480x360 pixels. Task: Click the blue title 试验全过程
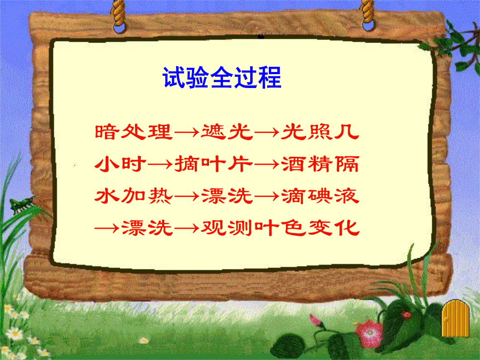[222, 77]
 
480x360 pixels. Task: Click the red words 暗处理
[133, 132]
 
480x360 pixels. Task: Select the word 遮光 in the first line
[227, 132]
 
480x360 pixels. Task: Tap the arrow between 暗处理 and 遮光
[187, 133]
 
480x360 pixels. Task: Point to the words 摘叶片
[214, 164]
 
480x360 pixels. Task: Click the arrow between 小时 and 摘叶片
[161, 165]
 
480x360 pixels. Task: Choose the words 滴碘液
[320, 196]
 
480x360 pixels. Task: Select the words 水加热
[133, 196]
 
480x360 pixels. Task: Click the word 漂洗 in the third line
[227, 196]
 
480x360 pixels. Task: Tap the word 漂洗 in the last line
[147, 228]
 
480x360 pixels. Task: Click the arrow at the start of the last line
[107, 228]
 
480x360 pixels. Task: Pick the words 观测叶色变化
[280, 228]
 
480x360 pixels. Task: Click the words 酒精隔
[320, 164]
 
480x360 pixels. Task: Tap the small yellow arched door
[455, 318]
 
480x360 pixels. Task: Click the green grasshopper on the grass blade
[22, 204]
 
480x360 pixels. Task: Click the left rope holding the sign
[118, 15]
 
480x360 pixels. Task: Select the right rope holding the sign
[367, 15]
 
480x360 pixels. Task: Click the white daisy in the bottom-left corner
[14, 334]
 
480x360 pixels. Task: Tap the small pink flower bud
[315, 321]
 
